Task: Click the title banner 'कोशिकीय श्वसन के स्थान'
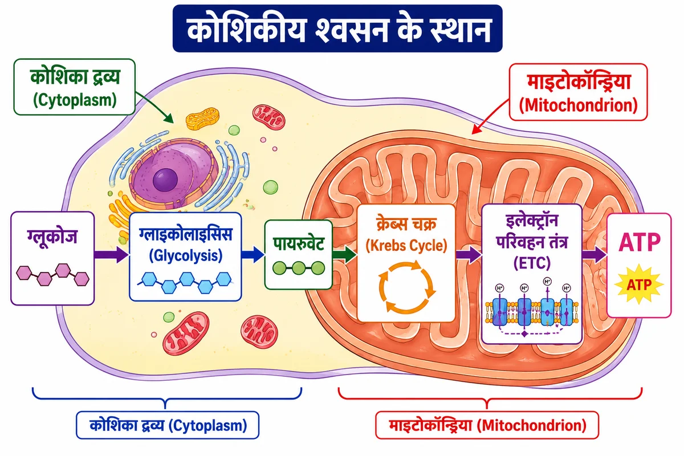[x=337, y=28]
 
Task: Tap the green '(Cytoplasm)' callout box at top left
[x=75, y=87]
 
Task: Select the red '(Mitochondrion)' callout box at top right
[x=579, y=92]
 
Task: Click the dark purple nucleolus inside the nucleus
[x=165, y=180]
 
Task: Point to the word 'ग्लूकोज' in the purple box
[x=52, y=237]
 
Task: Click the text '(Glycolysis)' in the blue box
[x=186, y=255]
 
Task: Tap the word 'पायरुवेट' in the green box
[x=298, y=244]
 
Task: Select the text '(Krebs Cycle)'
[x=406, y=246]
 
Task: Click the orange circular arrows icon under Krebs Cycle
[x=406, y=287]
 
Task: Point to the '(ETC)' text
[x=532, y=263]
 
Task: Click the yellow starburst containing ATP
[x=639, y=284]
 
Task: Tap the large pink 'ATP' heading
[x=640, y=242]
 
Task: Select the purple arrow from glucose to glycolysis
[x=111, y=254]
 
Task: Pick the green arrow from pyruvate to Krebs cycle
[x=344, y=254]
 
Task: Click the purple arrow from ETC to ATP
[x=594, y=254]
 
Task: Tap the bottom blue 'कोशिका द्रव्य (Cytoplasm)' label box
[x=168, y=425]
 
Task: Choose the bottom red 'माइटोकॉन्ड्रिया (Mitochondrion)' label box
[x=487, y=425]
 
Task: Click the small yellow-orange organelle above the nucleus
[x=202, y=119]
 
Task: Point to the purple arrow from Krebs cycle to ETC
[x=469, y=254]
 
